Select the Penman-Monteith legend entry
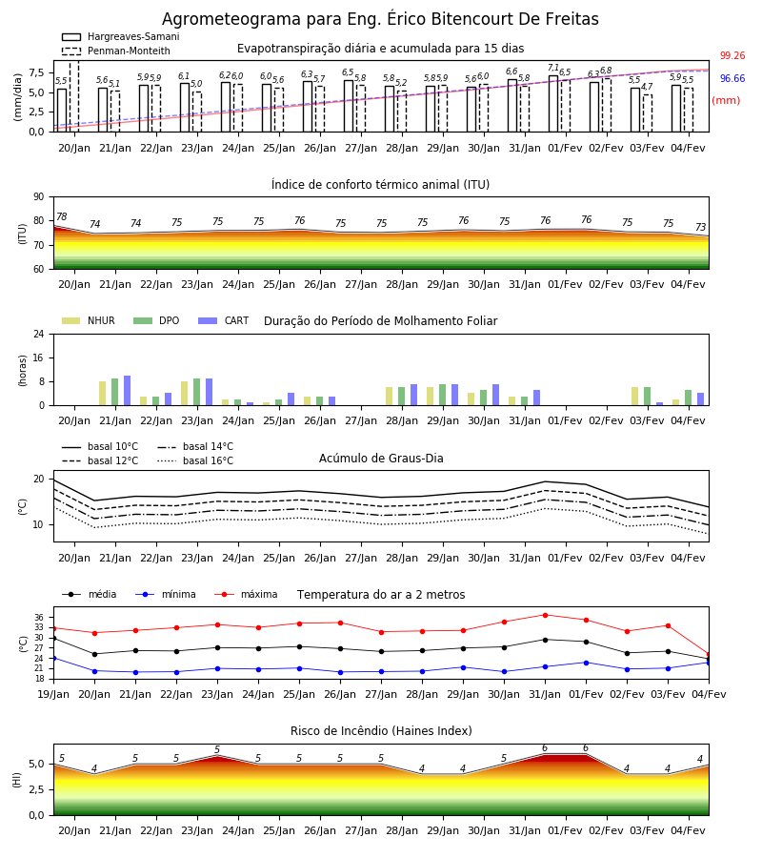click(116, 51)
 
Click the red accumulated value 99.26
click(732, 56)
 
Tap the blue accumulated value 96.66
click(732, 79)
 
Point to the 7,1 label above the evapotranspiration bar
click(553, 68)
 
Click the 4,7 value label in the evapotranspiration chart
click(647, 87)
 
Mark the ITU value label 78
click(62, 216)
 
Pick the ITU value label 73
click(700, 227)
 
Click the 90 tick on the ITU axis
click(39, 197)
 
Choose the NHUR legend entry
click(89, 320)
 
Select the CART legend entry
click(224, 320)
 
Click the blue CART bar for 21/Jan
click(128, 391)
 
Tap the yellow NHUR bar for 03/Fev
click(634, 397)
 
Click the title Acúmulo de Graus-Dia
click(381, 459)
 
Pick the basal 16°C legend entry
click(195, 460)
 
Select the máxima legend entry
click(246, 594)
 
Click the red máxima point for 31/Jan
click(545, 615)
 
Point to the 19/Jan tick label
click(53, 694)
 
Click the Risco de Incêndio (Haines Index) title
click(381, 731)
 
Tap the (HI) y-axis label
click(17, 780)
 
